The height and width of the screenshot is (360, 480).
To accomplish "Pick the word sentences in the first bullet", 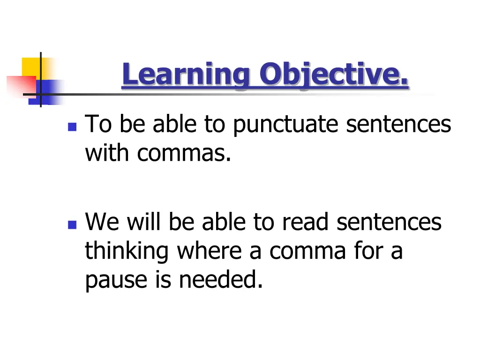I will tap(398, 125).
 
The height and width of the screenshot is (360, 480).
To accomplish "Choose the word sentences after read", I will tap(389, 223).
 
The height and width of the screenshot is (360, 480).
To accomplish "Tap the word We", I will tap(100, 223).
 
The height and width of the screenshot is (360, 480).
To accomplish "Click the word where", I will tap(210, 251).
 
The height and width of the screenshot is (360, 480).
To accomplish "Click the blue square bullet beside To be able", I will tap(72, 127).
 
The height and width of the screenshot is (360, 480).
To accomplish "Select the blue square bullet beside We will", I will tap(72, 225).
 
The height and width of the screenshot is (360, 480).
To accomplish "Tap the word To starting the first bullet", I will tap(98, 125).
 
